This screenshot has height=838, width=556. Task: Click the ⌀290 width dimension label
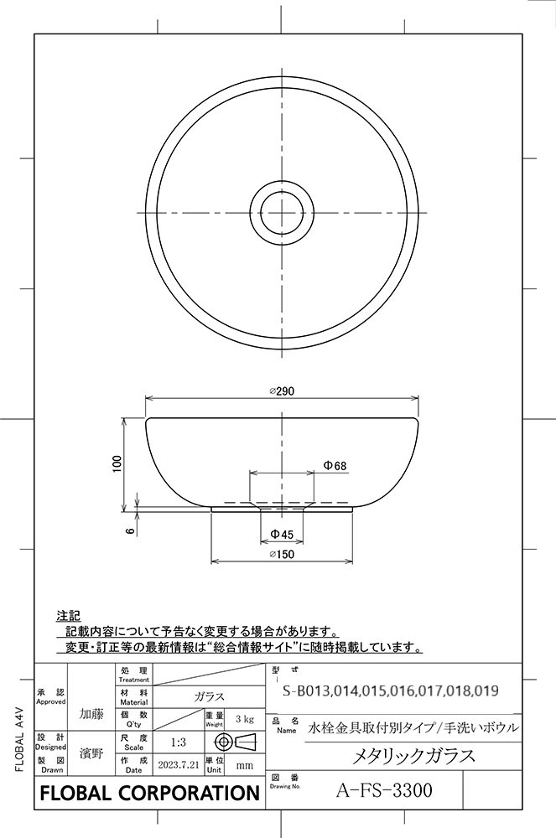[281, 391]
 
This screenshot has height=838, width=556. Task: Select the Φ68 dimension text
[335, 465]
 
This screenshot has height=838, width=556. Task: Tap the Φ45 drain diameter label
[281, 535]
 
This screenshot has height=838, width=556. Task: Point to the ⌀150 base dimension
[281, 554]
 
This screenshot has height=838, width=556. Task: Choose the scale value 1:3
[178, 742]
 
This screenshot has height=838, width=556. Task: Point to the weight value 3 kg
[245, 719]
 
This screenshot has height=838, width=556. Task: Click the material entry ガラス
[209, 696]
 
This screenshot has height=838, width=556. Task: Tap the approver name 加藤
[91, 714]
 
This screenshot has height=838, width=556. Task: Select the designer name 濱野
[91, 753]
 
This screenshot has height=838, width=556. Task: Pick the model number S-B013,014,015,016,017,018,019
[391, 691]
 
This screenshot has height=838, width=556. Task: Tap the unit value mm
[245, 765]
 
